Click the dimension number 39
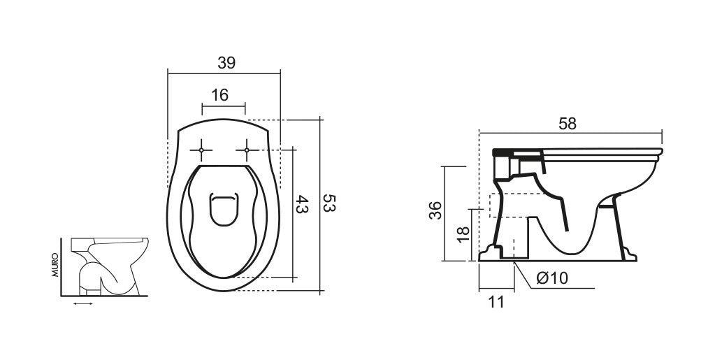(226, 62)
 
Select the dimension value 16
(220, 95)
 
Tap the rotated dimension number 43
(302, 205)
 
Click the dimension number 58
(568, 123)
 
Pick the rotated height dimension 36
(435, 210)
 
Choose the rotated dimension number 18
(463, 233)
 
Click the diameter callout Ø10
(552, 278)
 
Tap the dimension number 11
(496, 301)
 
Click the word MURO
(55, 266)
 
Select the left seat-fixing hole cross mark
(201, 150)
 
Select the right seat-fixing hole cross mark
(247, 150)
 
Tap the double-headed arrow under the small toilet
(82, 304)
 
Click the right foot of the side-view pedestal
(629, 255)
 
